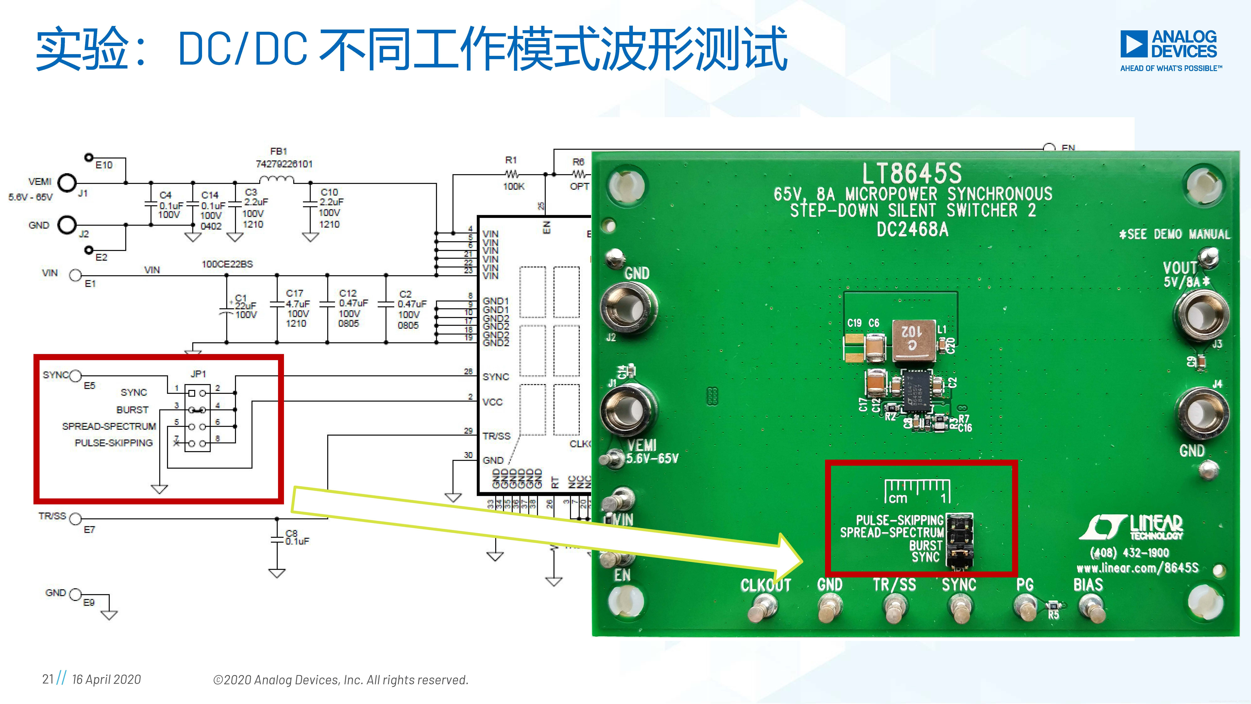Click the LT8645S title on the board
pyautogui.click(x=912, y=173)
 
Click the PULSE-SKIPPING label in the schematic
pyautogui.click(x=114, y=443)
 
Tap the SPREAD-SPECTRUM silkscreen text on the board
pyautogui.click(x=892, y=533)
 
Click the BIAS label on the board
pyautogui.click(x=1088, y=584)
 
